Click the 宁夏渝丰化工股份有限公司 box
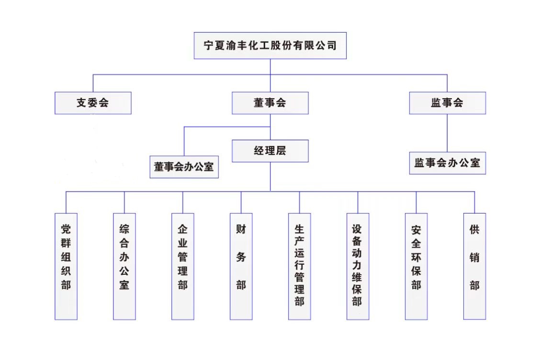tap(270, 46)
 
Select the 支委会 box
tap(93, 103)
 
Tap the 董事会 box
tap(270, 103)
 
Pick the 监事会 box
tap(447, 103)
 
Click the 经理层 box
tap(270, 151)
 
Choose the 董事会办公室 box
tap(184, 167)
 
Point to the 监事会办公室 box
tap(447, 163)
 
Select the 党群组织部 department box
tap(66, 266)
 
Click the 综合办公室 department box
tap(124, 266)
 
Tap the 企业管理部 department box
tap(183, 266)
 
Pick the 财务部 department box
tap(241, 266)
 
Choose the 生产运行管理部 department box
tap(300, 266)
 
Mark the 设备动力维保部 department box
tap(358, 266)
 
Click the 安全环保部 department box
tap(416, 266)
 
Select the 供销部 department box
tap(474, 266)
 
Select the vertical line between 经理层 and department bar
tap(270, 177)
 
